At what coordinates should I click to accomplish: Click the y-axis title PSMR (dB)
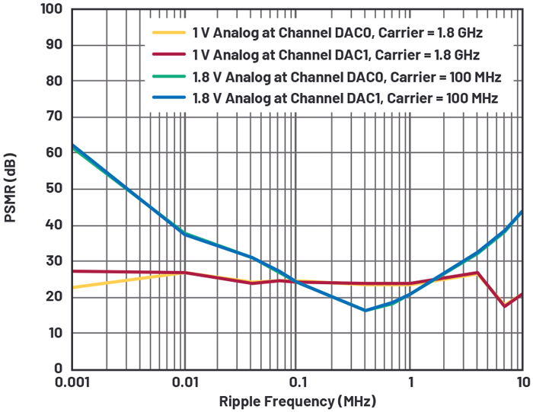(x=13, y=189)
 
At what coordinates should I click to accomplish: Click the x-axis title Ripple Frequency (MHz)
(x=297, y=401)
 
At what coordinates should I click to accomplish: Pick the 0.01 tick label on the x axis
(x=184, y=382)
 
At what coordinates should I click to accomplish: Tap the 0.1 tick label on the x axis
(x=297, y=382)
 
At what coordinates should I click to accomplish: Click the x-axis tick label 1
(x=410, y=382)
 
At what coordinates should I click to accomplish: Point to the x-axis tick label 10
(x=522, y=382)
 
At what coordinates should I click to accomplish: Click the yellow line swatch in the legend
(x=169, y=33)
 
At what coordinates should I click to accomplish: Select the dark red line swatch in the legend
(x=169, y=55)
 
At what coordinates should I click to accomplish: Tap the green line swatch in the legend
(x=169, y=76)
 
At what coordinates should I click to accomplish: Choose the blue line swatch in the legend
(x=169, y=98)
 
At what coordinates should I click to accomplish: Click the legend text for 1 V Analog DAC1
(x=338, y=55)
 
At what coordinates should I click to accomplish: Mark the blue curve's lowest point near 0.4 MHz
(x=365, y=310)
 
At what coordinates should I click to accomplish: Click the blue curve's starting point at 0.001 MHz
(x=72, y=145)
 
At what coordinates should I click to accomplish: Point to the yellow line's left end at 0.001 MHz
(x=72, y=287)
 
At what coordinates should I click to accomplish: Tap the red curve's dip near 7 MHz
(x=504, y=305)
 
